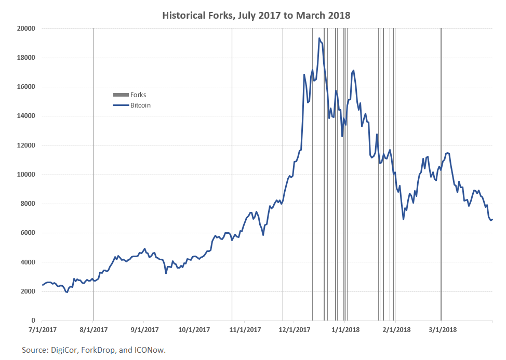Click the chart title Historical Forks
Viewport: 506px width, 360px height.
(256, 16)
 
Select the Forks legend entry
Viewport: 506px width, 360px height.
(138, 95)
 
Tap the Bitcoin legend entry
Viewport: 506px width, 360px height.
(140, 105)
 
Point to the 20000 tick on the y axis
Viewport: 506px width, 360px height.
(25, 29)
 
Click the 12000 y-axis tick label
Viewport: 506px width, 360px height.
(25, 145)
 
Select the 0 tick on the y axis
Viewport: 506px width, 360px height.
(32, 321)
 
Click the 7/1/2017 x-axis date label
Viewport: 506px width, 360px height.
(42, 329)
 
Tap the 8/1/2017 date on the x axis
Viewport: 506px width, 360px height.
(94, 329)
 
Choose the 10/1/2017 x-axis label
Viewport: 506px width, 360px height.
(194, 329)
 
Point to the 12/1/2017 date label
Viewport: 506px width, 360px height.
(295, 329)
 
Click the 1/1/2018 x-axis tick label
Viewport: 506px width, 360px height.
(345, 329)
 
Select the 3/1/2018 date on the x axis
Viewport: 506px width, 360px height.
(442, 329)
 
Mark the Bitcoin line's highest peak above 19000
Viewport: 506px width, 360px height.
(319, 38)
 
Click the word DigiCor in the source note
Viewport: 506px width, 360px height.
(65, 351)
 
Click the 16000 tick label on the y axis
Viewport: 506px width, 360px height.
(25, 87)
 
